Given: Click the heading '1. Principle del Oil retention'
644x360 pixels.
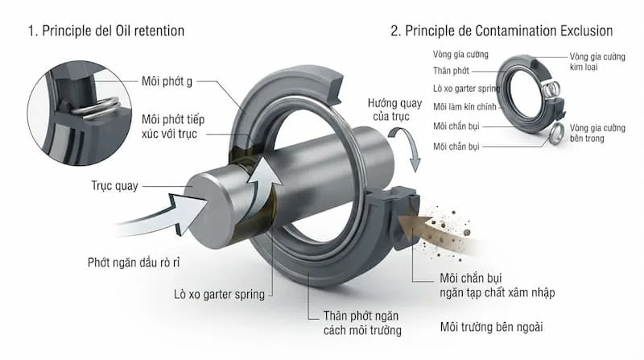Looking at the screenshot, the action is (x=106, y=31).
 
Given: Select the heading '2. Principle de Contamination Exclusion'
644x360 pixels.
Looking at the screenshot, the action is (x=502, y=31).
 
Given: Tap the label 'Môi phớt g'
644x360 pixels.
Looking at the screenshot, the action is (x=167, y=81).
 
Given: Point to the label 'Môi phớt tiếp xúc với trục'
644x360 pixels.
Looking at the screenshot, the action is (x=173, y=126).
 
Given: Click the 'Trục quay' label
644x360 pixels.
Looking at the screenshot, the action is (x=114, y=186).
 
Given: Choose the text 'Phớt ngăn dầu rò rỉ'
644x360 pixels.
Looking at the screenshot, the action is (x=134, y=263).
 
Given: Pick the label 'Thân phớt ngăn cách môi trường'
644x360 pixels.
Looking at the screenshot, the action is (x=362, y=323).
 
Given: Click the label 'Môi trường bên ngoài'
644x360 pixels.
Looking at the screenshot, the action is (x=491, y=327).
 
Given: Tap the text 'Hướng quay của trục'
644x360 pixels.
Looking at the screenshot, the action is (x=394, y=110).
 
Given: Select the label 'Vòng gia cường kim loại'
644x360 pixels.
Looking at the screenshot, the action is (x=597, y=62).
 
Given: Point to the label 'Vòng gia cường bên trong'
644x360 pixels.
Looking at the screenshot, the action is (x=597, y=133).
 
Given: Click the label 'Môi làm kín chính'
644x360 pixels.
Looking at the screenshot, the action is (x=464, y=107).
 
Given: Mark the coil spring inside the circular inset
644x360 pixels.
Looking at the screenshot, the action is (x=95, y=109).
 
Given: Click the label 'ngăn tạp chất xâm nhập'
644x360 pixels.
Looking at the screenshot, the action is (x=497, y=292).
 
